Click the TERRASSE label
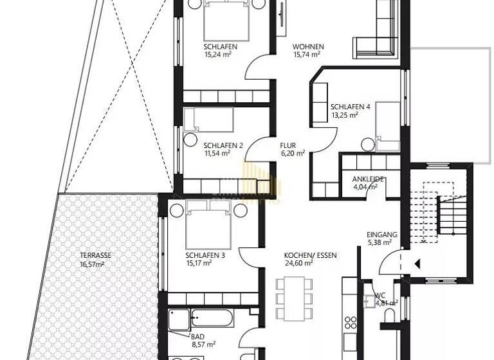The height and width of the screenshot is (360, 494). (x=95, y=255)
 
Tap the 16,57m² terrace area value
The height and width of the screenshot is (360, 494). (x=92, y=264)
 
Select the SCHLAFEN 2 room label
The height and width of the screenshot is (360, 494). (x=223, y=145)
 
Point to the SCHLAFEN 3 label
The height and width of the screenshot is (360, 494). (x=205, y=255)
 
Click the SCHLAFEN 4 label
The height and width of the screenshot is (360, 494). (x=350, y=107)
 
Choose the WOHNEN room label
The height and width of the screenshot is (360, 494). (x=308, y=47)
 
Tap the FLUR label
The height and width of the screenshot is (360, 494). (x=288, y=145)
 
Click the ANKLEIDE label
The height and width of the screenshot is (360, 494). (x=368, y=179)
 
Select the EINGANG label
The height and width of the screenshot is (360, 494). (x=381, y=235)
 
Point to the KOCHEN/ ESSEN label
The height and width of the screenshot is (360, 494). (x=310, y=255)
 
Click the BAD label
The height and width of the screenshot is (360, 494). (x=197, y=336)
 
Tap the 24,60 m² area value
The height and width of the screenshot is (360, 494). (x=298, y=263)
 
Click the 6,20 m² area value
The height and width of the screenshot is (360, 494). (x=292, y=154)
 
